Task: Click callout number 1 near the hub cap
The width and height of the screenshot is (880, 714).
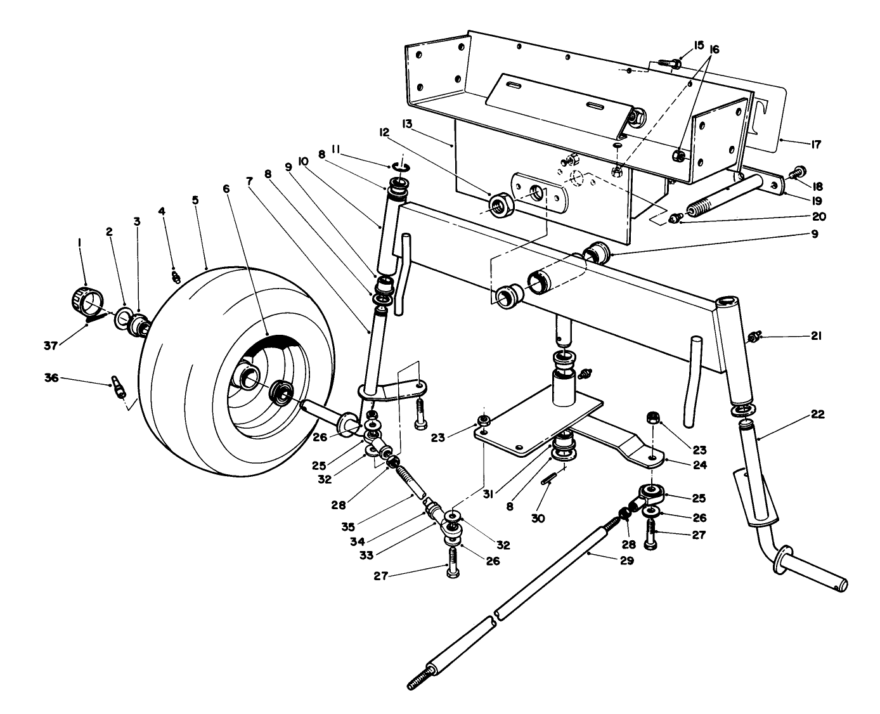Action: [79, 242]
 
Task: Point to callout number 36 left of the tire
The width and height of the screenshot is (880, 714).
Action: [51, 378]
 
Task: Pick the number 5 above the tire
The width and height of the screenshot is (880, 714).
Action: [195, 199]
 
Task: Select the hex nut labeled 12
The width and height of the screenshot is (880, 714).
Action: [501, 204]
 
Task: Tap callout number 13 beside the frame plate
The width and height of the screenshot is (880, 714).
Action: [407, 123]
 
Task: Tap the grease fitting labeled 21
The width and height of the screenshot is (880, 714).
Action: [754, 338]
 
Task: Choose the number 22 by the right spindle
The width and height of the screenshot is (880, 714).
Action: [817, 415]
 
